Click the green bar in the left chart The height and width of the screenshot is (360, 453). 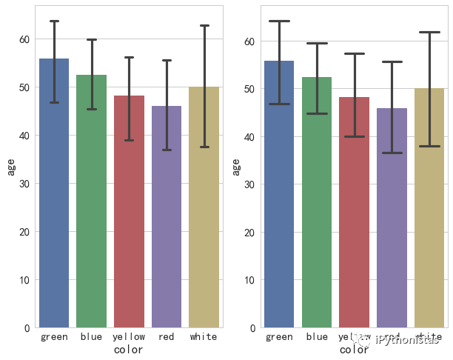[54, 193]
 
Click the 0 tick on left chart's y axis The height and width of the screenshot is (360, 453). [27, 327]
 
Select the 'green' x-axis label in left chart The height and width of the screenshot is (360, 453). [54, 337]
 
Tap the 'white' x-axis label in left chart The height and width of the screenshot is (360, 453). [204, 337]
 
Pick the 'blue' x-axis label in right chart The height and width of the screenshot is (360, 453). [317, 337]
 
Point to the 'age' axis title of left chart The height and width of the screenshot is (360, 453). [10, 167]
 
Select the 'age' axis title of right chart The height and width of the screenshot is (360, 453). [236, 167]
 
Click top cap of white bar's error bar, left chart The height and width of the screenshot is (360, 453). [204, 26]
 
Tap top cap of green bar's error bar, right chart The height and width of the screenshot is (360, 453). [279, 21]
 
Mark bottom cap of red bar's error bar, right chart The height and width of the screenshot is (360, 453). [392, 153]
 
